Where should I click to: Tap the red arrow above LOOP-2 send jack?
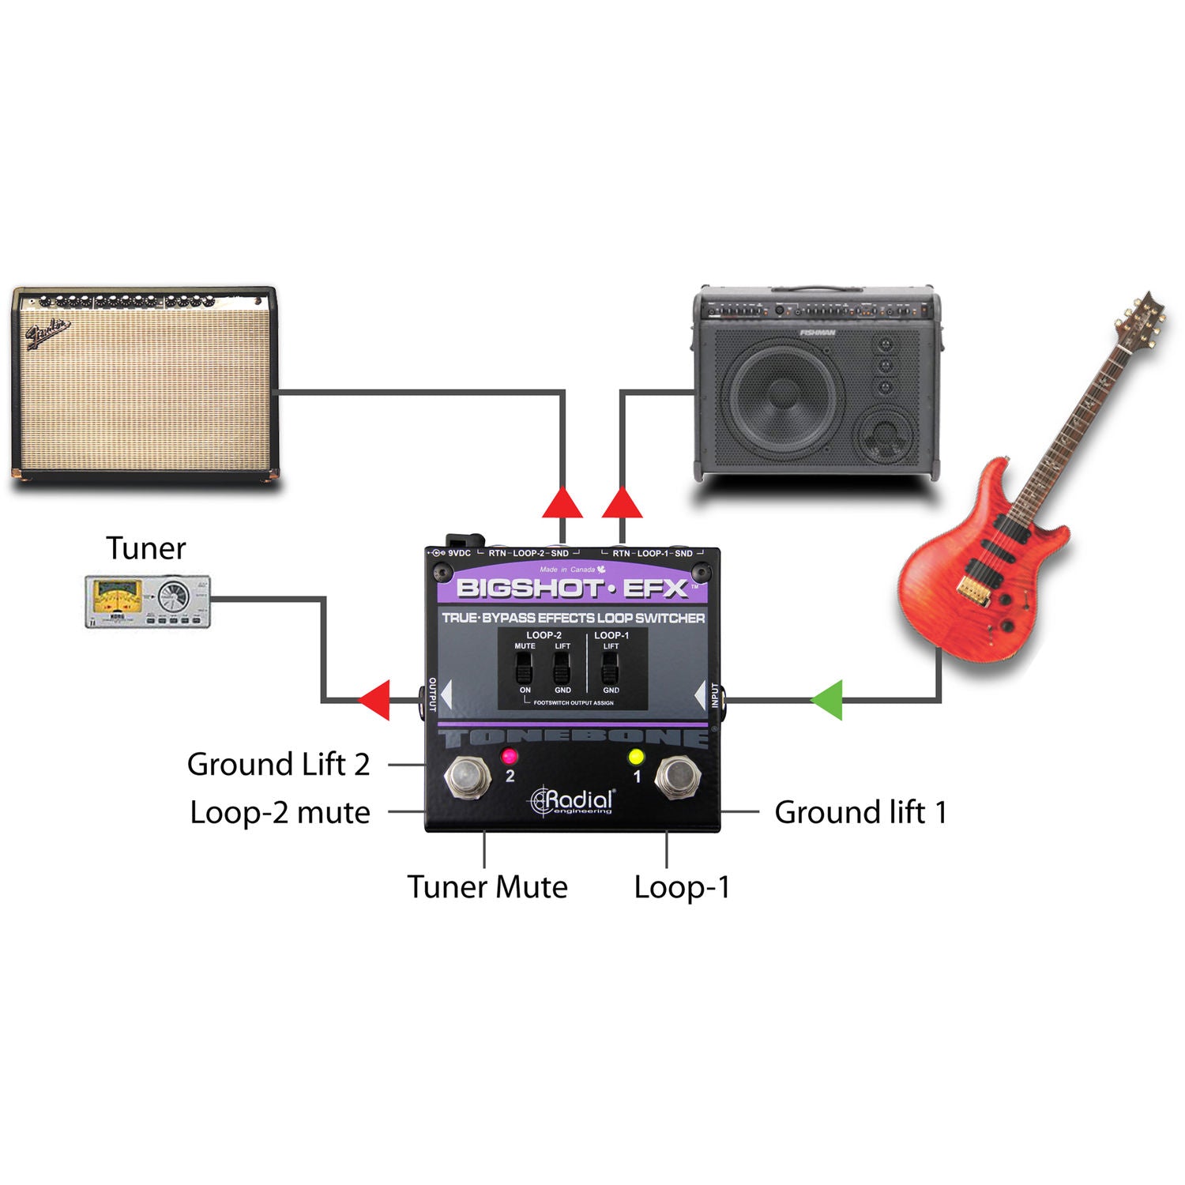coord(562,503)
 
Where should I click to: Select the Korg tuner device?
coord(148,602)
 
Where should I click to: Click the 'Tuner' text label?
coord(146,548)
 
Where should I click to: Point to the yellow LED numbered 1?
coord(636,757)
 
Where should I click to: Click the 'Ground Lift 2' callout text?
coord(278,765)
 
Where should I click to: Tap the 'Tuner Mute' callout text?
coord(487,887)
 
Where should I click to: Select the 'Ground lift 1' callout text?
coord(860,812)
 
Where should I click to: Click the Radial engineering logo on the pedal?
coord(572,801)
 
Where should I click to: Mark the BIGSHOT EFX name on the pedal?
coord(573,589)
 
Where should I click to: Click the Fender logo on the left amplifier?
coord(49,335)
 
